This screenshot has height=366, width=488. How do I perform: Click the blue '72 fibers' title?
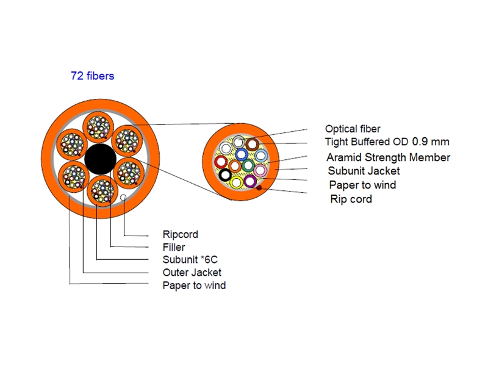92,76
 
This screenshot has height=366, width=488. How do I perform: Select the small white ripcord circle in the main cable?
124,198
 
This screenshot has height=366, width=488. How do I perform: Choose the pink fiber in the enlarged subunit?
260,170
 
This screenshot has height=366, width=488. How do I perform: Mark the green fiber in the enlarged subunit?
248,165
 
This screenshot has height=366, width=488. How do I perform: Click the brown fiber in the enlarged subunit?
251,145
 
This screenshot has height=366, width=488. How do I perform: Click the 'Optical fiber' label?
353,129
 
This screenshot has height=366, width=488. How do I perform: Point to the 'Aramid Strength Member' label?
388,157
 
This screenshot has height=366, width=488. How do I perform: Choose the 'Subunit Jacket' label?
364,171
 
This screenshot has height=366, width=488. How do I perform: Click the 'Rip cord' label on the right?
351,199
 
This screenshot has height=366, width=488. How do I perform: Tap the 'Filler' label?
174,248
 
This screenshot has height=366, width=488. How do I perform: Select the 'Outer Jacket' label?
192,273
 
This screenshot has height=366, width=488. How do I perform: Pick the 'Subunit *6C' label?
186,260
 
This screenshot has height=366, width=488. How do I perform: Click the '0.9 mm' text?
431,142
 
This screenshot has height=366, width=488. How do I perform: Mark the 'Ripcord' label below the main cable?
180,234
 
